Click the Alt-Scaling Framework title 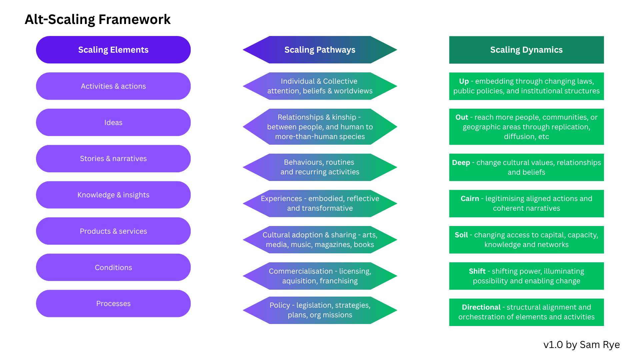pos(98,20)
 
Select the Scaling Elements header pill pos(113,50)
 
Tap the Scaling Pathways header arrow pos(320,50)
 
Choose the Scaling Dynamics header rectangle pos(526,50)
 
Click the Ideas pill pos(113,122)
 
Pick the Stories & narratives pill pos(113,159)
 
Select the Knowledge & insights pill pos(113,195)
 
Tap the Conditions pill pos(113,267)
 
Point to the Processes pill pos(113,304)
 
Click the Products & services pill pos(113,231)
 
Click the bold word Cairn pos(470,199)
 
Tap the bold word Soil pos(461,235)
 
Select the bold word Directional pos(481,307)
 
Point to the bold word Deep pos(461,163)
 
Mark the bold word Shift pos(477,271)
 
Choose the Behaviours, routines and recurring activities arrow pos(320,167)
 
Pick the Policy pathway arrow pos(320,310)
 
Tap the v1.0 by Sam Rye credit pos(581,345)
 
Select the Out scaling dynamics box pos(526,127)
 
